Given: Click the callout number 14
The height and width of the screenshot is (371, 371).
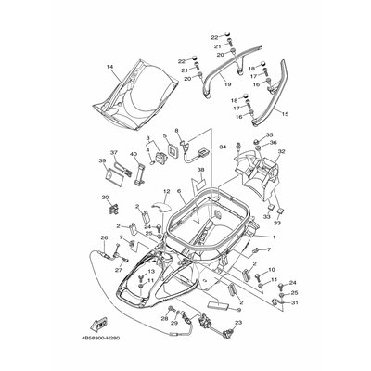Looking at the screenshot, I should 109,67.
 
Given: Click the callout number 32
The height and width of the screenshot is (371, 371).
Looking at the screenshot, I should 282,150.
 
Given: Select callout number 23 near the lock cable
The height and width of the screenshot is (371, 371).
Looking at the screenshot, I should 237,322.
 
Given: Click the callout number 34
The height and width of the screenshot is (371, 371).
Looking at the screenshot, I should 223,147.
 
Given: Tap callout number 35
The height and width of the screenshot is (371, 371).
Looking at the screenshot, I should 270,134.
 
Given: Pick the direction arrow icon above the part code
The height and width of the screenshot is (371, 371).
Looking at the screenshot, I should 96,326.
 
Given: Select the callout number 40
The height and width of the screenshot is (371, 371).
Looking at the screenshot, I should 134,152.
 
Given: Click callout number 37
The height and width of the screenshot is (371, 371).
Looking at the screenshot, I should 114,152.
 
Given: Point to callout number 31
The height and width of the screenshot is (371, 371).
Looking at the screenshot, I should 296,302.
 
